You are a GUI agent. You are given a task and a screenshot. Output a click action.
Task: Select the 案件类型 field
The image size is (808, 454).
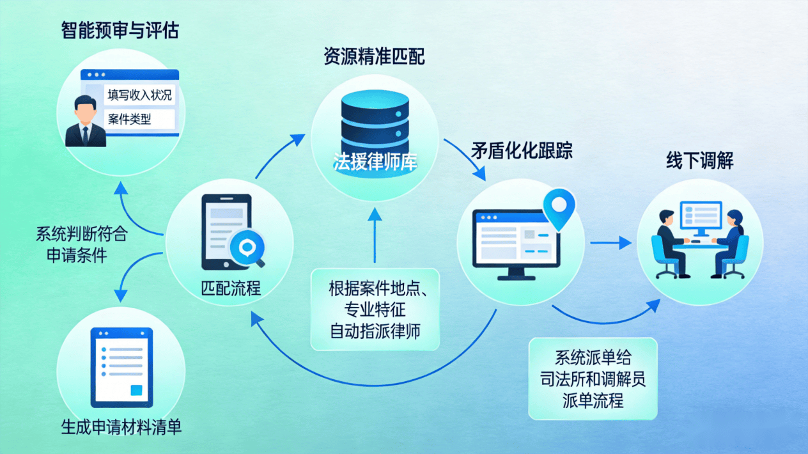pos(130,119)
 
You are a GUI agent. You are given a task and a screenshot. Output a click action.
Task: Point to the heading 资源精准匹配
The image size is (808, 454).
pos(374,58)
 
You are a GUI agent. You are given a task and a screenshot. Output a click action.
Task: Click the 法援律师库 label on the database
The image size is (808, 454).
pos(375,161)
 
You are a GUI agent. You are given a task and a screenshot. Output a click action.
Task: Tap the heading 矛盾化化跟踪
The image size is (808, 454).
pos(522,150)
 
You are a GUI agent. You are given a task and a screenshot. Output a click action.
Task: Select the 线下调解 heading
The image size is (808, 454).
pos(700,160)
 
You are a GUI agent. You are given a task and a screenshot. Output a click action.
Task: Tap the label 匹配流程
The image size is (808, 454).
pos(231,288)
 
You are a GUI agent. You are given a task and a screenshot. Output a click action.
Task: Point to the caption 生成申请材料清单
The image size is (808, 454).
pos(121,427)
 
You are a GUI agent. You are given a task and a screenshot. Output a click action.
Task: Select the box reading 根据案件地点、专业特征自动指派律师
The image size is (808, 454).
pos(375,309)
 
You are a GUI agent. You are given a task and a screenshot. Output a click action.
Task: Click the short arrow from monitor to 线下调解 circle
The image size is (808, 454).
pos(610,243)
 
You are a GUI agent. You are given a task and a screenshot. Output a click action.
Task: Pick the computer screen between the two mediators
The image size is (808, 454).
pos(701,216)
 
